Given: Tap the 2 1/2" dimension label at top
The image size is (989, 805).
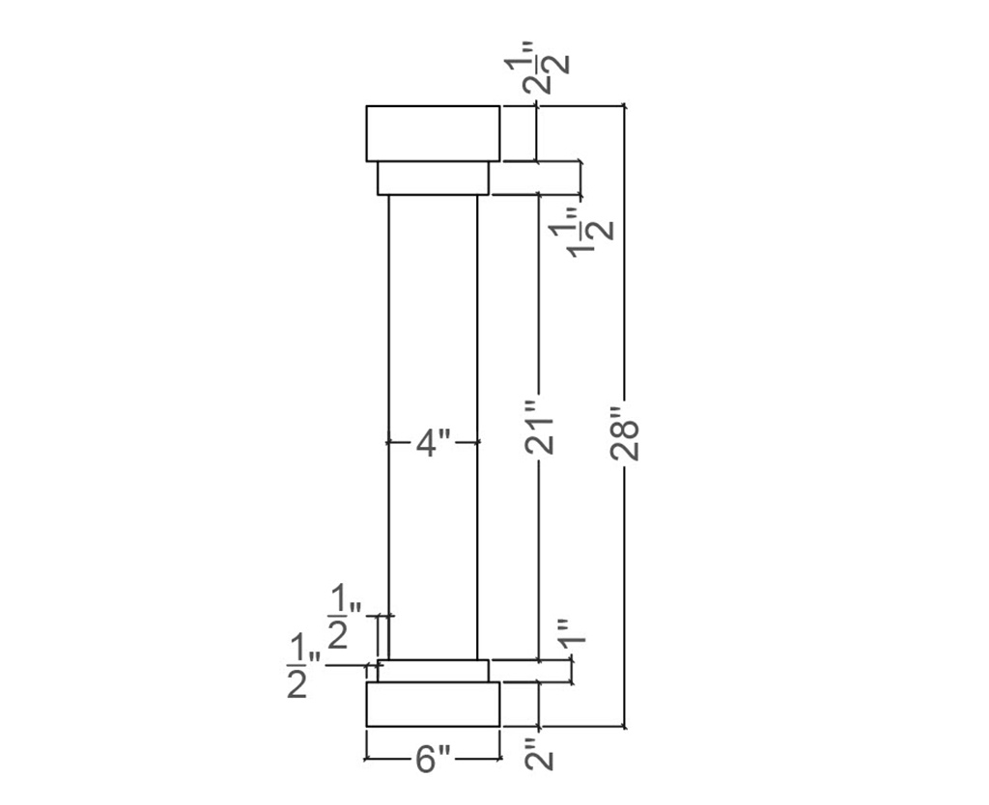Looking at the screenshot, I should pos(547,73).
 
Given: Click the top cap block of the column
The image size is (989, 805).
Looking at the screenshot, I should pos(433,133).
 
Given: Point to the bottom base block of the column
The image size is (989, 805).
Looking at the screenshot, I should pos(433,705).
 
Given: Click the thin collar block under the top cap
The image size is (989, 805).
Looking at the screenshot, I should pos(433,179).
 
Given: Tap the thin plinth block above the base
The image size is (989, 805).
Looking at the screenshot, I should pos(433,671).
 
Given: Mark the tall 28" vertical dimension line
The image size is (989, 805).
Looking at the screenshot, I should pos(625,290).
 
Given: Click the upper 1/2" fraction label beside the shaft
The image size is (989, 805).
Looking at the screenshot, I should pos(343,617).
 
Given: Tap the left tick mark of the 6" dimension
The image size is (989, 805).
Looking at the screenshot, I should pos(366,760).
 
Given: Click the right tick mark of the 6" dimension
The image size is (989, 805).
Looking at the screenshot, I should pos(499,760).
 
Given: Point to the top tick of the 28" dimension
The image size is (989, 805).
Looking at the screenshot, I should pos(625,104).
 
